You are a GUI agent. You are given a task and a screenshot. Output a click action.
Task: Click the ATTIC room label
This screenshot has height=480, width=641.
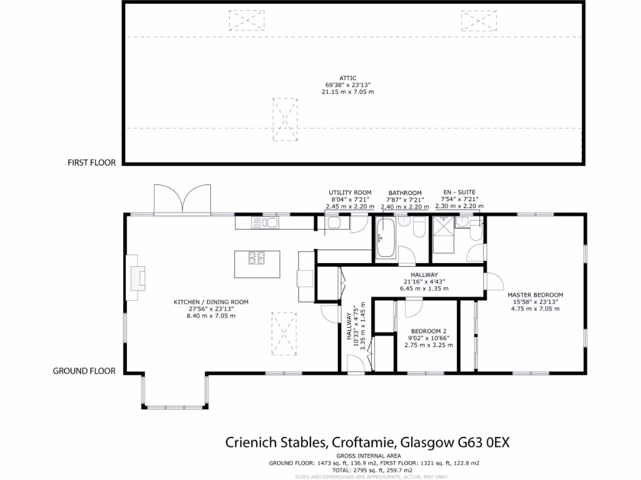pyautogui.click(x=348, y=77)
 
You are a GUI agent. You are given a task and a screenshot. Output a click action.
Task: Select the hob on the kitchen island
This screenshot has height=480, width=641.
pyautogui.click(x=257, y=258)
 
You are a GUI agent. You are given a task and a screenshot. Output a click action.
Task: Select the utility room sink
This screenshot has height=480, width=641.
pyautogui.click(x=334, y=223)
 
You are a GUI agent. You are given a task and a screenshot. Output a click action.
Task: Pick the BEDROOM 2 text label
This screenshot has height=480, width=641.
pyautogui.click(x=428, y=332)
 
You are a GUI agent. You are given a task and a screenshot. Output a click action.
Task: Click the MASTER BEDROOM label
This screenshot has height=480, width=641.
pyautogui.click(x=535, y=295)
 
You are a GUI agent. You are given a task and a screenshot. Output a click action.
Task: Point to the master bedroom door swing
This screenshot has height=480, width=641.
pyautogui.click(x=493, y=281)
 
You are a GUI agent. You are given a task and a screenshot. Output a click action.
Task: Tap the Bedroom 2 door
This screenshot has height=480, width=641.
pyautogui.click(x=413, y=307)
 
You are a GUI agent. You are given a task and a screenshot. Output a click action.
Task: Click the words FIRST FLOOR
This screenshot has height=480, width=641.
pyautogui.click(x=91, y=162)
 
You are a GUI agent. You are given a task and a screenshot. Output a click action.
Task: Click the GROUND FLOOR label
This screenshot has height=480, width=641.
pyautogui.click(x=84, y=371)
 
